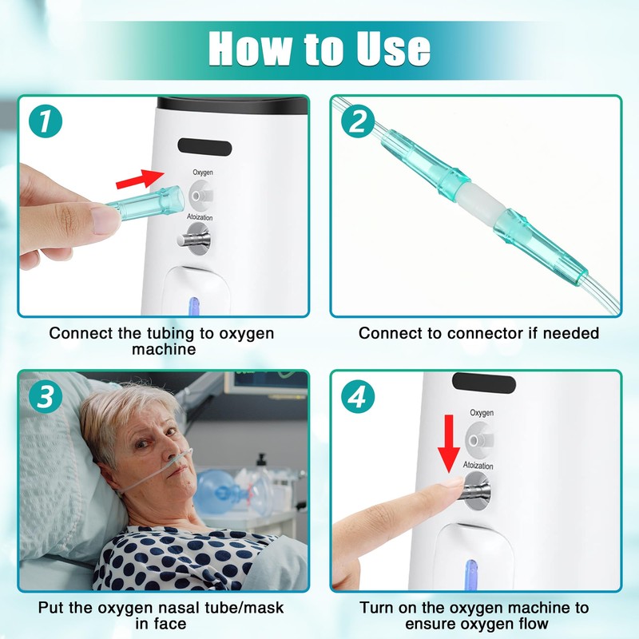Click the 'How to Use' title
319,48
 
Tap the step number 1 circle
46,121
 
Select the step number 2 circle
358,121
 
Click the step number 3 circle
46,396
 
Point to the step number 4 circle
358,396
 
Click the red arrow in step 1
140,179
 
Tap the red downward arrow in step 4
449,443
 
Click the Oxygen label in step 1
203,173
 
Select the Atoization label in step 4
478,465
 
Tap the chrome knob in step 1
194,239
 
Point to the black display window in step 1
204,147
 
